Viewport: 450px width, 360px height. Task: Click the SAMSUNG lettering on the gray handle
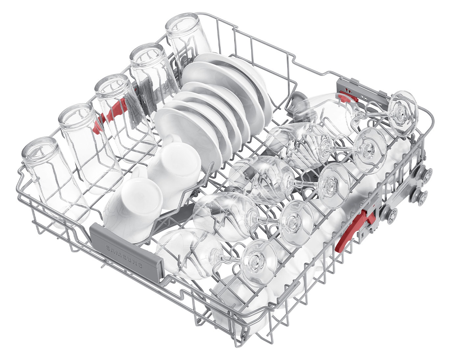pyautogui.click(x=124, y=257)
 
